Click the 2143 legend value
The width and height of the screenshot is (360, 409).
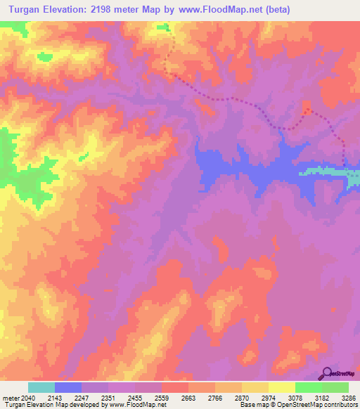click(x=68, y=397)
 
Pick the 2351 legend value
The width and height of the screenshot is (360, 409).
click(x=122, y=397)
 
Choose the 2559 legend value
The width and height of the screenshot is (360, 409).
click(x=175, y=397)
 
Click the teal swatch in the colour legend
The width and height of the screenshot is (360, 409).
click(x=41, y=387)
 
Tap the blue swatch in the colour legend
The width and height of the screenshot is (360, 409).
click(x=68, y=387)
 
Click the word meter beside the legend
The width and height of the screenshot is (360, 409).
click(x=9, y=397)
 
